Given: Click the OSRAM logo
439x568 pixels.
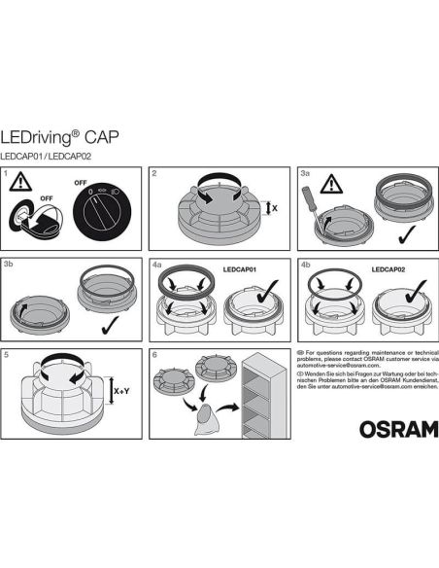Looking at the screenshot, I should [x=397, y=428].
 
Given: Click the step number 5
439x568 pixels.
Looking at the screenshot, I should [x=8, y=355].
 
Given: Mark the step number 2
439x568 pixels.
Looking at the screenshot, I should [x=155, y=173].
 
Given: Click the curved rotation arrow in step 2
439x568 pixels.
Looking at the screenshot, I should [x=215, y=185].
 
